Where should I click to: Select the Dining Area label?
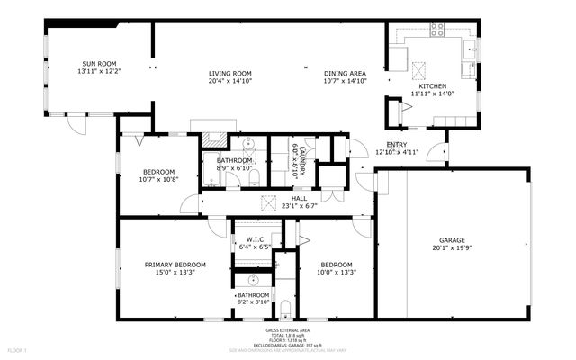click(x=345, y=73)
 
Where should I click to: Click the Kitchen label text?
click(x=433, y=85)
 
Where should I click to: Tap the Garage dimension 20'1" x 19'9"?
click(x=452, y=249)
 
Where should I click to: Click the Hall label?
click(x=298, y=198)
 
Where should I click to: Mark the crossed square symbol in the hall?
click(x=267, y=201)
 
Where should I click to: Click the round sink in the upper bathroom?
click(x=247, y=143)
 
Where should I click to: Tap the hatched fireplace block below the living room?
click(x=213, y=139)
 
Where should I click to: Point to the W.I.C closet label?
click(x=254, y=238)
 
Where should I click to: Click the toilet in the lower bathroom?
click(x=285, y=311)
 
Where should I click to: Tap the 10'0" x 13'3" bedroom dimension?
click(x=337, y=272)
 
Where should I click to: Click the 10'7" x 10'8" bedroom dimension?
click(x=158, y=179)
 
